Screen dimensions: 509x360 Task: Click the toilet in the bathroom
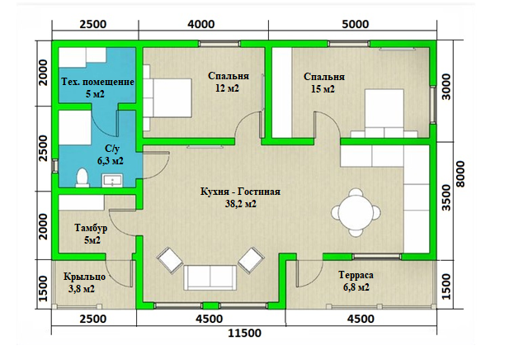[x=82, y=178]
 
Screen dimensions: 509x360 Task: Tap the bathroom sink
[x=113, y=181]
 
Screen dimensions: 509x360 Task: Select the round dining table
[x=356, y=212]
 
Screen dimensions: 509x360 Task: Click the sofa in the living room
[x=210, y=277]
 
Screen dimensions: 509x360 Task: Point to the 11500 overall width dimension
[x=245, y=334]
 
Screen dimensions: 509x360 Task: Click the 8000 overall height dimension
[x=460, y=174]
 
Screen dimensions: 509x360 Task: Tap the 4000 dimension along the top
[x=201, y=25]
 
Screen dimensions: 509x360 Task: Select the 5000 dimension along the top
[x=356, y=25]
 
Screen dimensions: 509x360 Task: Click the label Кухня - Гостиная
[x=241, y=192]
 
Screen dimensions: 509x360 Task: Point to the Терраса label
[x=356, y=275]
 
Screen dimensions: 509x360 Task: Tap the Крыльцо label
[x=84, y=277]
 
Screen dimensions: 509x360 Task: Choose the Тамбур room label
[x=91, y=228]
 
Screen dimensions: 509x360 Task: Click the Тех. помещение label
[x=97, y=82]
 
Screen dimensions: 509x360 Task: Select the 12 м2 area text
[x=227, y=88]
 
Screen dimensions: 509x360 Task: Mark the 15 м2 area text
[x=323, y=88]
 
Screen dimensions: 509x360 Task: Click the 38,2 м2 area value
[x=241, y=204]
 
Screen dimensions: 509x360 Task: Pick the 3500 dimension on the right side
[x=447, y=197]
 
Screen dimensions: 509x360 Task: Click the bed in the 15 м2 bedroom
[x=384, y=113]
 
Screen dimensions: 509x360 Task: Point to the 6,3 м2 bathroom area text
[x=111, y=160]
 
